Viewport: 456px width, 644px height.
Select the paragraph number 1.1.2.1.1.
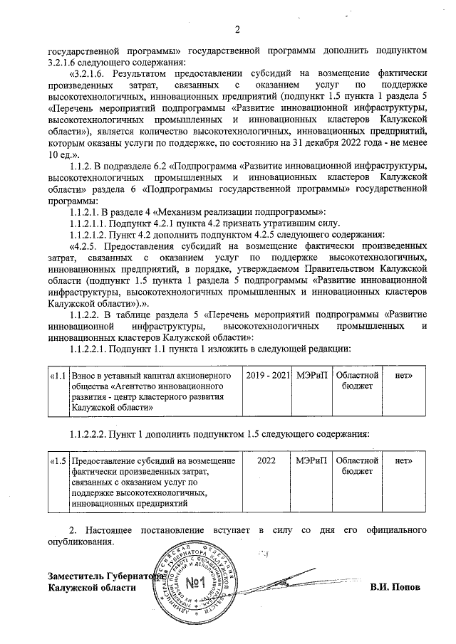click(x=95, y=223)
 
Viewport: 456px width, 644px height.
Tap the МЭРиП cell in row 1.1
click(x=311, y=374)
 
